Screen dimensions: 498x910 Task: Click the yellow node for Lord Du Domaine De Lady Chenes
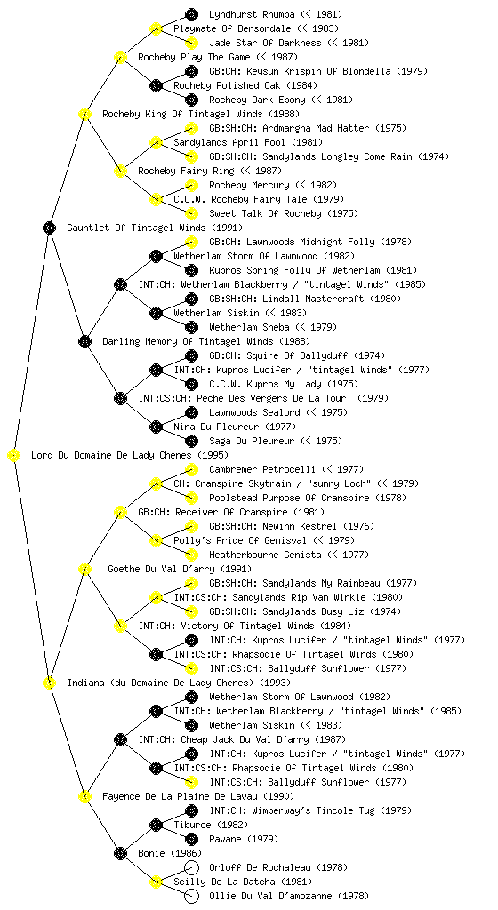(14, 455)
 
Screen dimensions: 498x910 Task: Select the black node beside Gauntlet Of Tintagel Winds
(49, 227)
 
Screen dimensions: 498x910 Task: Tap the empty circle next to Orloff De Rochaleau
(191, 867)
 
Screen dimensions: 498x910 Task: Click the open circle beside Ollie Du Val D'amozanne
(191, 896)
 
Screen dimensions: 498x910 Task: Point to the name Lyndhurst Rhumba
(252, 14)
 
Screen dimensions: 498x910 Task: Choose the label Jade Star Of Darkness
(265, 43)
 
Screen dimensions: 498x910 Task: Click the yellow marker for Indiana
(49, 682)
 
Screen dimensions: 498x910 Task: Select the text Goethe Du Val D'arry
(161, 569)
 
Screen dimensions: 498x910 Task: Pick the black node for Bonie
(120, 853)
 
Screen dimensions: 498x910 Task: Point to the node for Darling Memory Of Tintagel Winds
(84, 341)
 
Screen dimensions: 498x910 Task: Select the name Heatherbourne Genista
(265, 555)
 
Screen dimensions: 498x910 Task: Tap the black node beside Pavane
(191, 839)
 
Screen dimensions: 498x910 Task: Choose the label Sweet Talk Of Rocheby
(265, 213)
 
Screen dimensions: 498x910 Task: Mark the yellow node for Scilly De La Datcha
(156, 882)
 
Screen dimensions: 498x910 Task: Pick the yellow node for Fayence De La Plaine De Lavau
(84, 796)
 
